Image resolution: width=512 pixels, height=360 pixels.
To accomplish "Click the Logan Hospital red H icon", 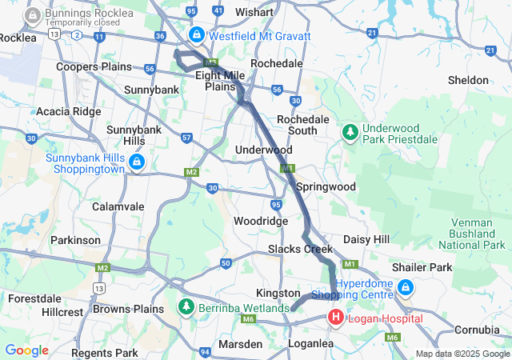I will [x=336, y=318].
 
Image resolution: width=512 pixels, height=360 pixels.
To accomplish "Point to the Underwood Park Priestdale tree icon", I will [x=350, y=131].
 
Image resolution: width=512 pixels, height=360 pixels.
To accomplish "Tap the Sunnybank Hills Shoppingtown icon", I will [x=137, y=163].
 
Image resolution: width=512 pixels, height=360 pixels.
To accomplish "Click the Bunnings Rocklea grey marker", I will [x=34, y=15].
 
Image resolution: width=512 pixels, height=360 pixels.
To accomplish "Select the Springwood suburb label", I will [x=326, y=186].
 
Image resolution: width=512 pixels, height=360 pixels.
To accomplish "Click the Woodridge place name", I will [x=260, y=220].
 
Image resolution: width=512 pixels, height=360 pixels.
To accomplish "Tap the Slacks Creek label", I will [x=300, y=249].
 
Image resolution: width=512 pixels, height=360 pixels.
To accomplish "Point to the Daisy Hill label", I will [x=366, y=239].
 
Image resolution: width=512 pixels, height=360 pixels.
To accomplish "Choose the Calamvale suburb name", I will [x=118, y=206].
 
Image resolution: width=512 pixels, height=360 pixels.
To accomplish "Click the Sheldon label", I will [x=468, y=80].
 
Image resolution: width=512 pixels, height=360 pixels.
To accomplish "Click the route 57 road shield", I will [x=186, y=138].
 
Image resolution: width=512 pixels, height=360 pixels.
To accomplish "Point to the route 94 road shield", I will [x=206, y=351].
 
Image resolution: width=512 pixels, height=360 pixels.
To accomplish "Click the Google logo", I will [x=26, y=350].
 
